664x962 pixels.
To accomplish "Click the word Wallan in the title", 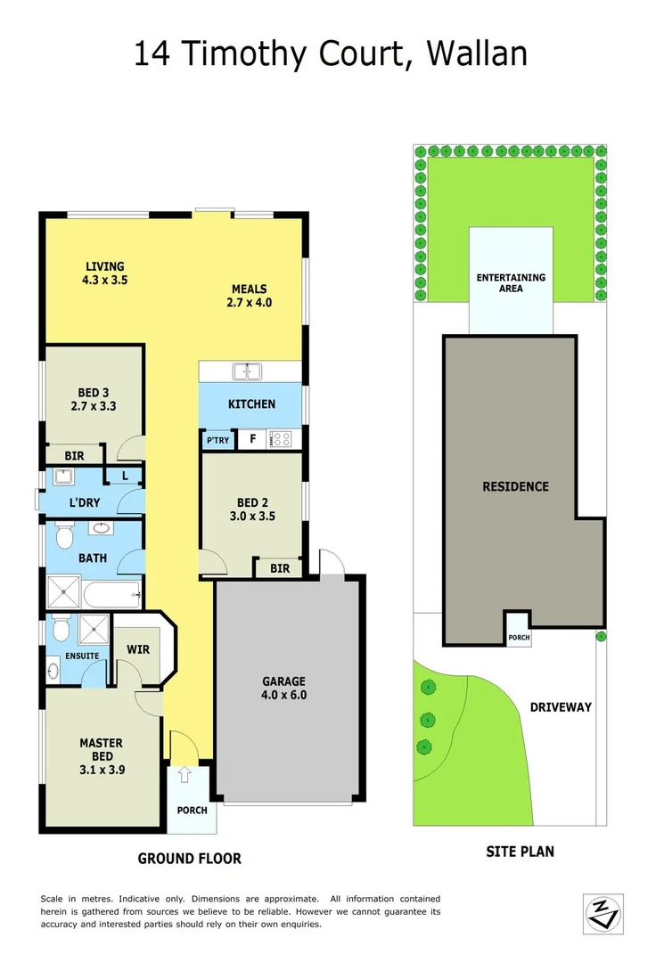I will click(477, 54).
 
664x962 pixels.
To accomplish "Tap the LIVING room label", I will click(104, 266).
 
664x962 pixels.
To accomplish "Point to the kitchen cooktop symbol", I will click(282, 438).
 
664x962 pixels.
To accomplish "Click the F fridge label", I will click(252, 438).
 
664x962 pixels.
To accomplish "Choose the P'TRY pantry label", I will click(217, 440).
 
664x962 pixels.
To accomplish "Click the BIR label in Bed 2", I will click(279, 568).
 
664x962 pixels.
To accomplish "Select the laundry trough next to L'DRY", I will click(67, 477).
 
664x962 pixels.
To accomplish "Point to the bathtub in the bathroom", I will click(111, 591).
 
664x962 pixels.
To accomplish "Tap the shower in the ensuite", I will click(92, 630).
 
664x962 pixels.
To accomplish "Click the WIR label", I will click(137, 649).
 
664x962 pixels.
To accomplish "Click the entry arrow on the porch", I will click(184, 775).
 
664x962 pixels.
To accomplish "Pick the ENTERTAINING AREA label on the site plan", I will click(511, 283).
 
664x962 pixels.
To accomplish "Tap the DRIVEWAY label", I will click(561, 707).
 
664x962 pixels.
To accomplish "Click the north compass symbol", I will click(603, 913).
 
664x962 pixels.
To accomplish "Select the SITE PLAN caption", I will click(520, 852).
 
